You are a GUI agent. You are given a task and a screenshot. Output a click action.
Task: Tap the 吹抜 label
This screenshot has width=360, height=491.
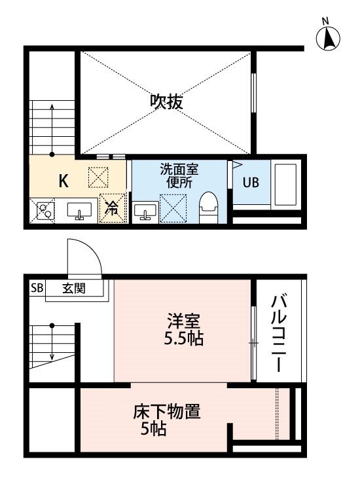point(166,101)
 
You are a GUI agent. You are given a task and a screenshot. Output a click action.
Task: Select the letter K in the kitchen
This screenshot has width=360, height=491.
point(63,181)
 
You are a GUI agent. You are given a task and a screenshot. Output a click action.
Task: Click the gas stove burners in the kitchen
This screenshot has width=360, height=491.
point(44,210)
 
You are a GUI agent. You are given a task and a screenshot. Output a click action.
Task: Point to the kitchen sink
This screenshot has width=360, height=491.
point(79,211)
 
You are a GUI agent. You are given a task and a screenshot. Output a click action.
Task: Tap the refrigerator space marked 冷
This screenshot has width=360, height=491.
point(111,208)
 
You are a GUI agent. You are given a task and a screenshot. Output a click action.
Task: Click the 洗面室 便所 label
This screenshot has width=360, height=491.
point(179,175)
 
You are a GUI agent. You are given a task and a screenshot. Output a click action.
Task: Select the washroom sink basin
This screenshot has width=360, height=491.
point(145,210)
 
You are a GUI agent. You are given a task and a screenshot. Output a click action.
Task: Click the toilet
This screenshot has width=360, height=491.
point(208,208)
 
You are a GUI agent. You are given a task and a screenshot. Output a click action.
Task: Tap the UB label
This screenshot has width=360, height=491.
point(251,182)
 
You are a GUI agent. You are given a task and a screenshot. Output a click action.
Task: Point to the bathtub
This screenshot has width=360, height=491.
point(285,185)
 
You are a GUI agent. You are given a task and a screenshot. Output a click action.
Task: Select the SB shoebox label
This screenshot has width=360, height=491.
point(37,288)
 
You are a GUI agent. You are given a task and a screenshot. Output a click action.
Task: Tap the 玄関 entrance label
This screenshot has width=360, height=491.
point(74,288)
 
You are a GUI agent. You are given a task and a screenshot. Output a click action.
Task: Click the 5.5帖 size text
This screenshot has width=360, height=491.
point(184,338)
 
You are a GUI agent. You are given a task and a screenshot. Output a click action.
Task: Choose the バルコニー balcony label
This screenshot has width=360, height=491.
point(279,333)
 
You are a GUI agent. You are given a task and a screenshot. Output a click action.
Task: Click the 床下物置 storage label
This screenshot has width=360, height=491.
point(166,412)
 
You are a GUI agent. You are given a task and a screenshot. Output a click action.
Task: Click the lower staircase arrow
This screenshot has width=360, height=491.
point(52,342)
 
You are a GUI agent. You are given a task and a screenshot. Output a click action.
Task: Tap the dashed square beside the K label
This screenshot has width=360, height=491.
point(98,177)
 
